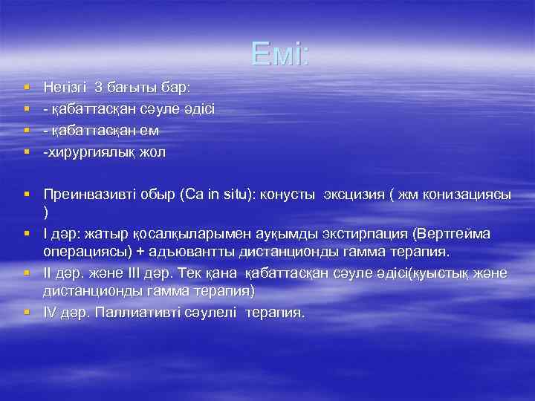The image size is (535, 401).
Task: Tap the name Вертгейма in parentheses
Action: click(451, 234)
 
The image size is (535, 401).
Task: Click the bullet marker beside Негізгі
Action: click(26, 88)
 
